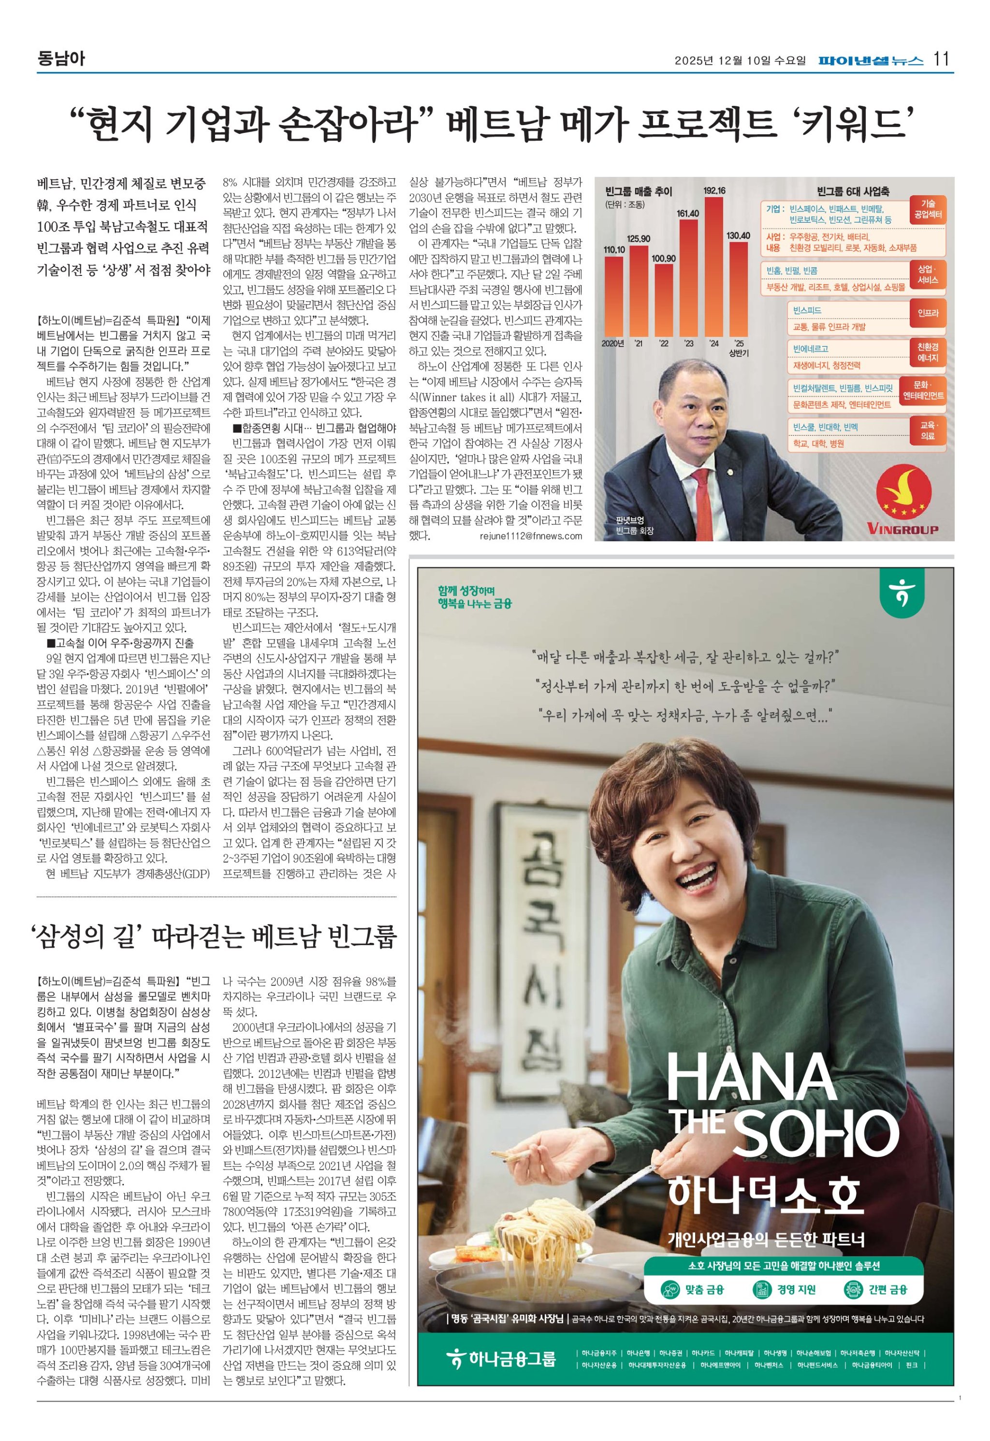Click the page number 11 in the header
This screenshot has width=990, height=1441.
point(941,59)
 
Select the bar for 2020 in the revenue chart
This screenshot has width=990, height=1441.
point(613,294)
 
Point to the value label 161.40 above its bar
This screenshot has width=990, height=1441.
point(688,213)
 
